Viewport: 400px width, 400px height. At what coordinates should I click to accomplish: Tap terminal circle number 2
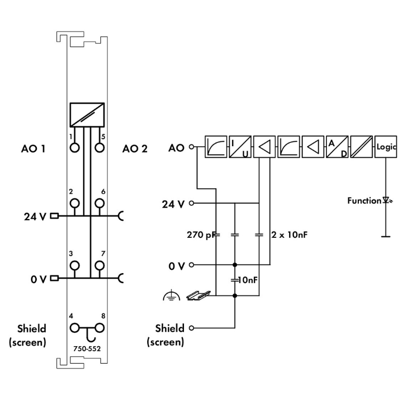coord(75,203)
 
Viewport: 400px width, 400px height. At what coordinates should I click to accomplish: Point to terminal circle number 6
coord(99,203)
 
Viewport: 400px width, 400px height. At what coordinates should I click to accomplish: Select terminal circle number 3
coord(75,265)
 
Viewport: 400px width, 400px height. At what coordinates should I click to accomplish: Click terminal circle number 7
coord(99,265)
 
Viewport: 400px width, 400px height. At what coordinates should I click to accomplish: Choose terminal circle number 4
coord(75,327)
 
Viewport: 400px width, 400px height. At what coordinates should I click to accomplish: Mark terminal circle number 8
coord(99,327)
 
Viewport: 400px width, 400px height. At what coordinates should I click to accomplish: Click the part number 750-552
coord(86,349)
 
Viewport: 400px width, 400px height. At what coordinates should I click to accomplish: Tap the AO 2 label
coord(134,148)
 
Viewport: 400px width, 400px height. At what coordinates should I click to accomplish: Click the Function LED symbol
coord(385,201)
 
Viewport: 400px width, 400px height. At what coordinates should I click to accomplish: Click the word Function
coord(364,201)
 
